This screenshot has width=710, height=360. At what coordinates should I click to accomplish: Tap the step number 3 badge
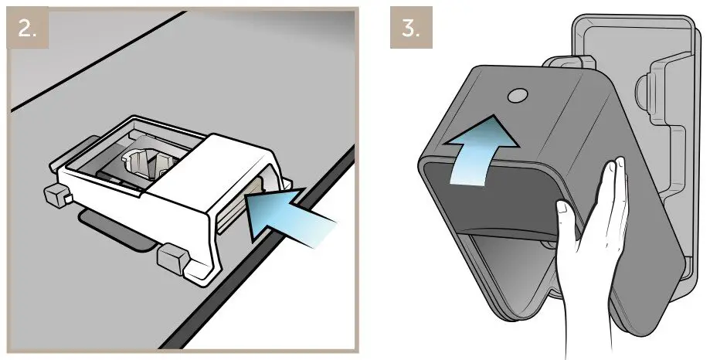(x=410, y=31)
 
